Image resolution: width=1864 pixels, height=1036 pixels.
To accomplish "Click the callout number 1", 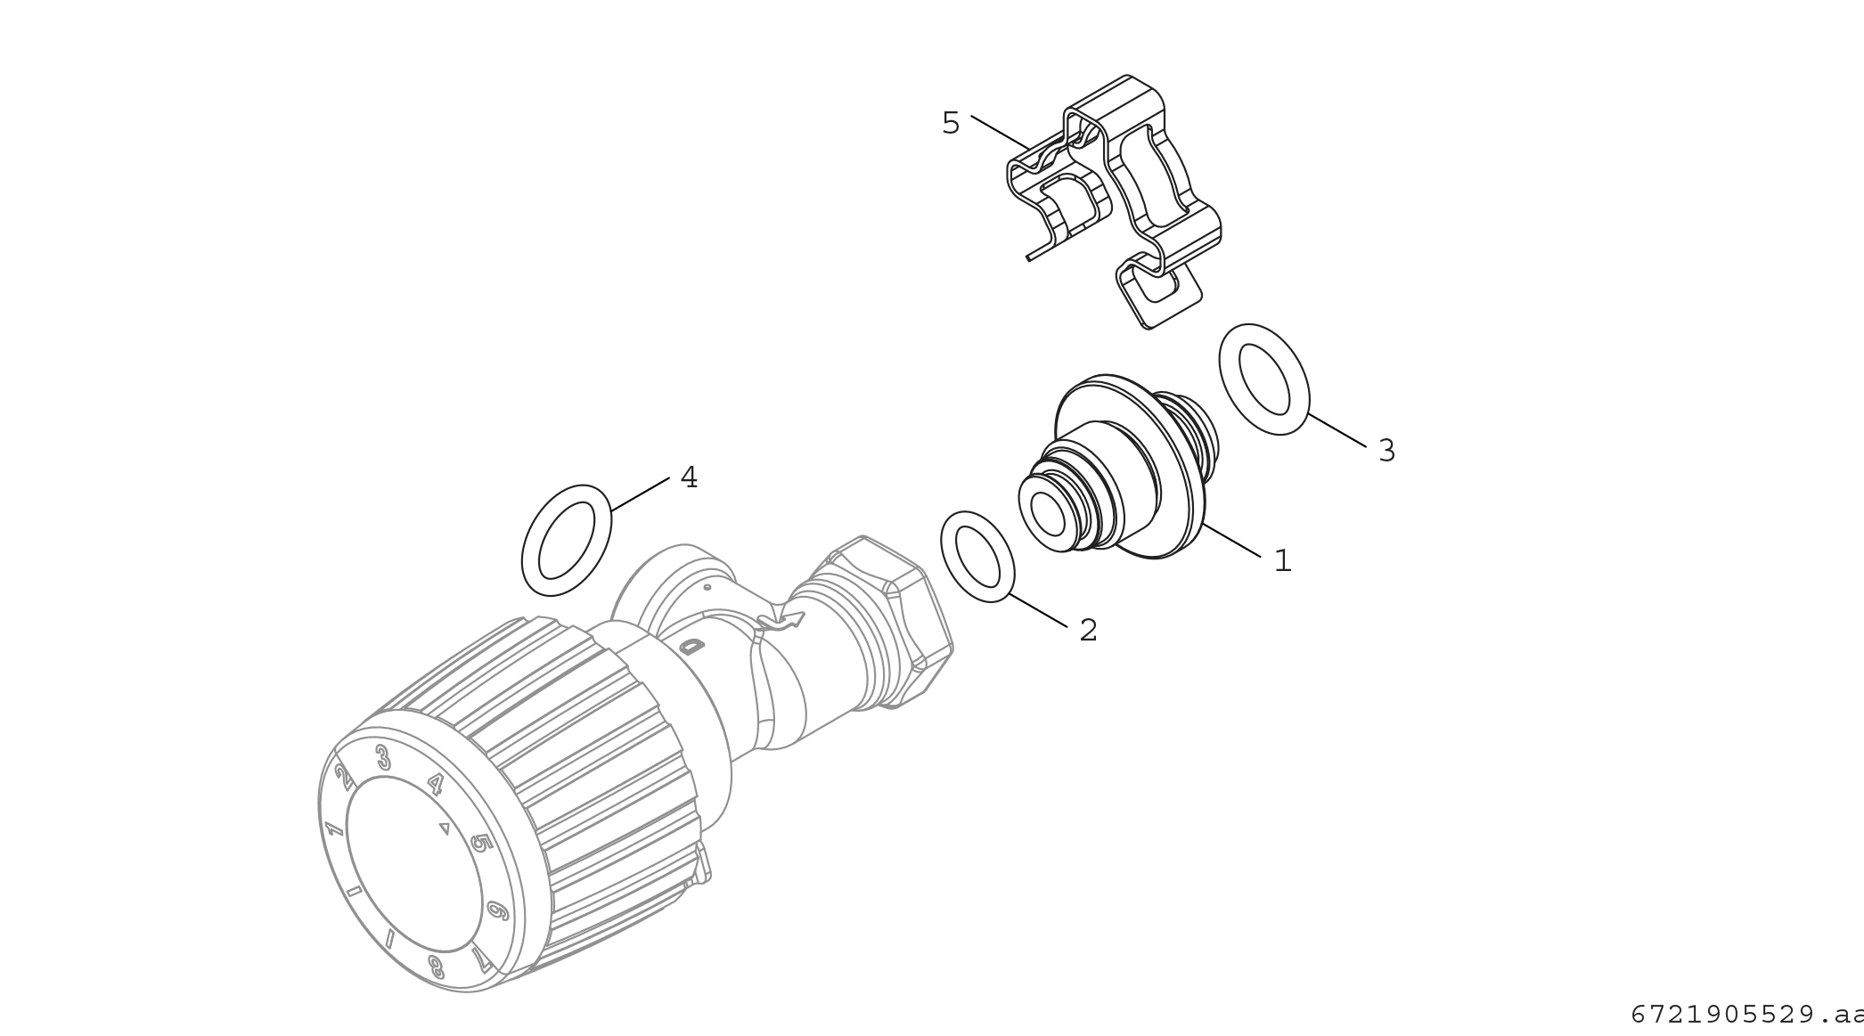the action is (x=1282, y=560).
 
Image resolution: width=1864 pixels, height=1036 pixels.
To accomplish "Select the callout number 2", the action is (x=1088, y=630).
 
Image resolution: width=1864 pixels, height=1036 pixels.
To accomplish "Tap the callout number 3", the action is (x=1386, y=451).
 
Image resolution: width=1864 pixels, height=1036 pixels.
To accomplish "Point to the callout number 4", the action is (x=689, y=477).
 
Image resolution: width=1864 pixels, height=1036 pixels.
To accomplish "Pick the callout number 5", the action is (x=951, y=123).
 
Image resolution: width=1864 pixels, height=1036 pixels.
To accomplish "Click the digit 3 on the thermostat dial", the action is (x=383, y=757).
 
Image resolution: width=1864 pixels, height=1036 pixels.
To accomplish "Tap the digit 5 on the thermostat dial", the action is (x=480, y=842).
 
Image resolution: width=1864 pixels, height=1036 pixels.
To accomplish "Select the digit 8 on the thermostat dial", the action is (x=436, y=967).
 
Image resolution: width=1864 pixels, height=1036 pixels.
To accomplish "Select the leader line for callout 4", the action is (x=640, y=494).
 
